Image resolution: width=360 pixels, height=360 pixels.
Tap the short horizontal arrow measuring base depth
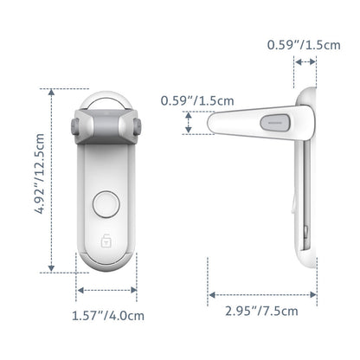(304, 61)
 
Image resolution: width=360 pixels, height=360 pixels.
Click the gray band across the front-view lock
(104, 131)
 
